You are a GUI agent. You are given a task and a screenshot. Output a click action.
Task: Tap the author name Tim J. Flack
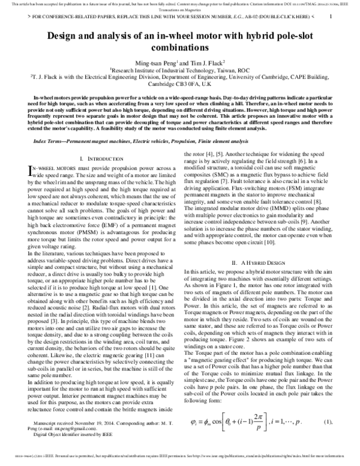tap(206, 62)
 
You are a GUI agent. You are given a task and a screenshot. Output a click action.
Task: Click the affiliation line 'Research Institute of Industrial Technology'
tap(180, 70)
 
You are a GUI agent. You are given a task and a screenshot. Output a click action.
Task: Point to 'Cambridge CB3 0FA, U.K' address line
tap(180, 84)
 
